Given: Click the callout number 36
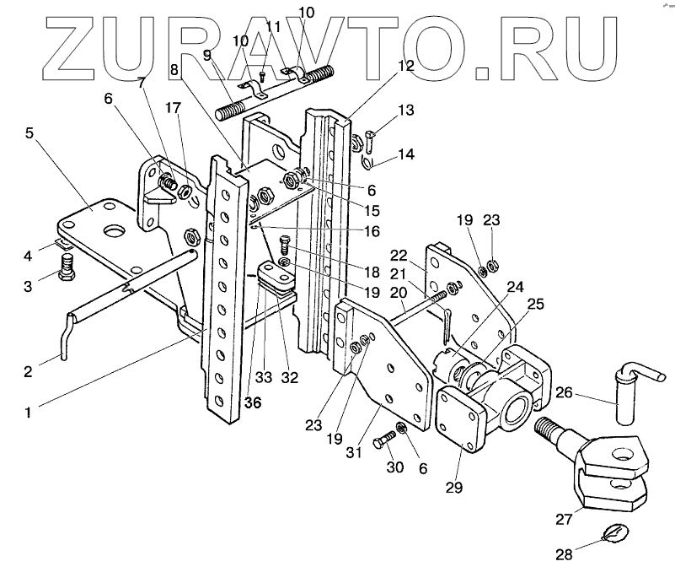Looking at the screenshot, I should [x=253, y=403].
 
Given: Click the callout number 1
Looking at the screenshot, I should [x=29, y=413].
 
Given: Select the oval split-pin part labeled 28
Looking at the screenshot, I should [x=614, y=534].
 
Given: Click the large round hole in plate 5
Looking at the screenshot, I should [x=110, y=230].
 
